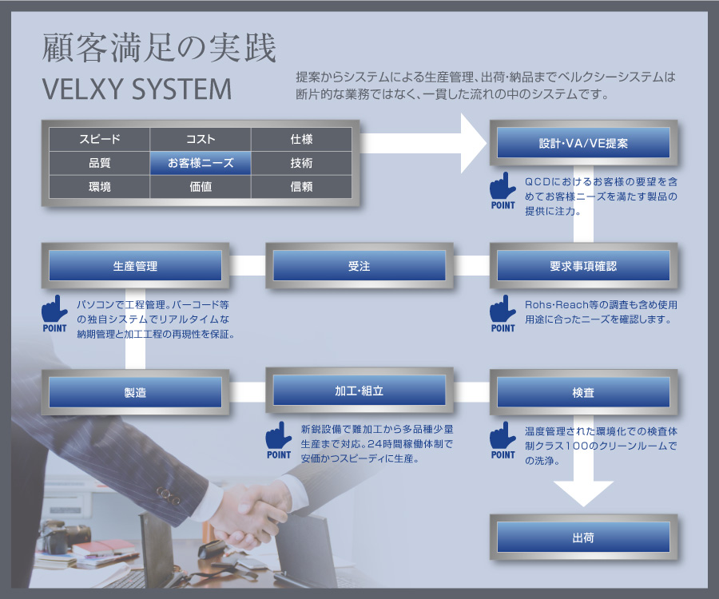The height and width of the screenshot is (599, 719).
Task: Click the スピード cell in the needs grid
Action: [x=100, y=139]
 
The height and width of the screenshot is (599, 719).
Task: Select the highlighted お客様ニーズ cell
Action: [x=201, y=163]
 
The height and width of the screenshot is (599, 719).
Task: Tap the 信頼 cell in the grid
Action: [x=301, y=187]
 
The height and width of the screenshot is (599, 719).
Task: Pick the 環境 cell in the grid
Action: [x=100, y=187]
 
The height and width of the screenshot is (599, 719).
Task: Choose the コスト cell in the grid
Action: [x=201, y=139]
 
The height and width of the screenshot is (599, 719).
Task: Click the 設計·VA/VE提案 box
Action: [x=583, y=143]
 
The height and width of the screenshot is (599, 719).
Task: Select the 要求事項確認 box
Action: [x=583, y=266]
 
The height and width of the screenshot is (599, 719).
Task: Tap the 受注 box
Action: [x=359, y=266]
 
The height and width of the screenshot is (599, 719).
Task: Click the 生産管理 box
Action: [x=135, y=266]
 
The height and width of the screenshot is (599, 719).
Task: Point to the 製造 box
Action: [x=135, y=392]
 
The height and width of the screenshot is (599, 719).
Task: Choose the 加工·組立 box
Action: [x=359, y=391]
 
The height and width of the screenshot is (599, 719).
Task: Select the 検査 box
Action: [x=583, y=392]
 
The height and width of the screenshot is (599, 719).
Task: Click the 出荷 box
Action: [x=583, y=538]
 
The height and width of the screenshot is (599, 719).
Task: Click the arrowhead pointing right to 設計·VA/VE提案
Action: [x=473, y=144]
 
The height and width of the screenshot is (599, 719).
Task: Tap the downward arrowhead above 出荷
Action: [x=583, y=494]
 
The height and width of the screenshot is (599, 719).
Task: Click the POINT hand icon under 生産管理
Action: [x=54, y=314]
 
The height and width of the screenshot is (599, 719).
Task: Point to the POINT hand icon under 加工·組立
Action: [x=279, y=440]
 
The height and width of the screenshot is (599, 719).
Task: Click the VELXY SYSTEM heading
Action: [x=137, y=89]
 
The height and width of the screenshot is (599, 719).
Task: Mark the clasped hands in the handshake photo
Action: [x=248, y=514]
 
